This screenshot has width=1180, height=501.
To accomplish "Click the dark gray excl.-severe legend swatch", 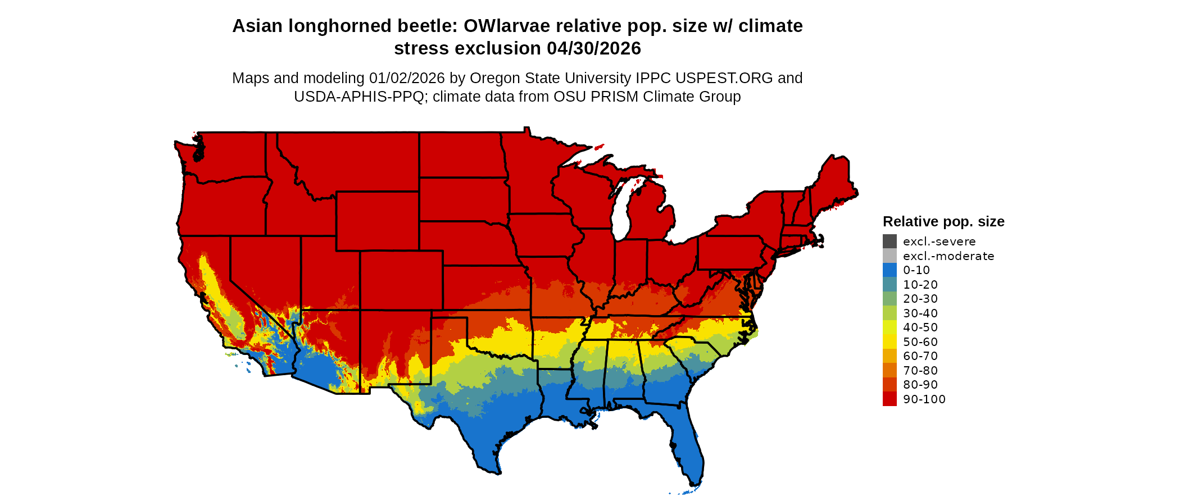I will [889, 242].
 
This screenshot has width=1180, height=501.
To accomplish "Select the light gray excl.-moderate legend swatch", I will [889, 256].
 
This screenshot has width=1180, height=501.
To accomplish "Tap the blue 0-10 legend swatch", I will [889, 270].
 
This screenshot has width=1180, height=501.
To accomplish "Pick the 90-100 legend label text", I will [924, 399].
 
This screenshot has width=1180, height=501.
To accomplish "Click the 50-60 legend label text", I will [920, 342].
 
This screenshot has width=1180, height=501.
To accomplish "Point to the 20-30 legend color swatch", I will [889, 299].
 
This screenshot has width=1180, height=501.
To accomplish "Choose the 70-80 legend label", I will [920, 371].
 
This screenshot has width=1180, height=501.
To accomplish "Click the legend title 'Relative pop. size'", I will [943, 222].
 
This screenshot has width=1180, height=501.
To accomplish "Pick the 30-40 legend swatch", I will [889, 313].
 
